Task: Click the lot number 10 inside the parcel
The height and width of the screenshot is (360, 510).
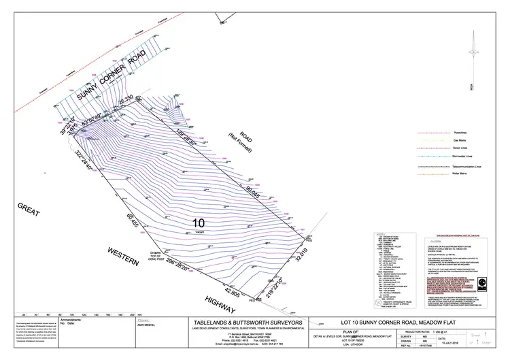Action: tap(199, 222)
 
